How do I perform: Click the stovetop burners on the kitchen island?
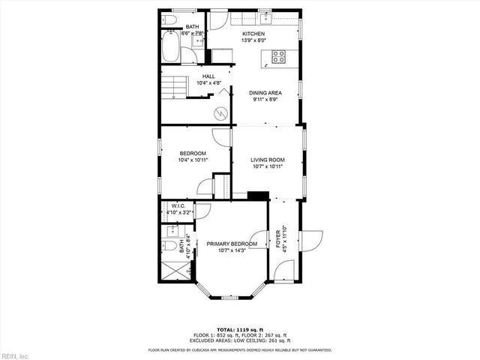278,55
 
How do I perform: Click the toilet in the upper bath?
170,19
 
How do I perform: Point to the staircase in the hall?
174,85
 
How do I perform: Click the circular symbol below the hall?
220,112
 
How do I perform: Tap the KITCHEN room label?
253,34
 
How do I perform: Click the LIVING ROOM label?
267,160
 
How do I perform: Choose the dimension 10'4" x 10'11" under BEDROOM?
193,160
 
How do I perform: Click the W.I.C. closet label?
178,206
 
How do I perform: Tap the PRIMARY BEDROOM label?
232,244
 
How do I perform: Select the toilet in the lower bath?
169,245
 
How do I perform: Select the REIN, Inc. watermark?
15,355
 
